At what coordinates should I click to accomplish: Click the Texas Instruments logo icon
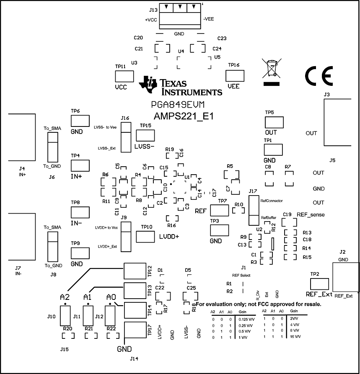pos(148,84)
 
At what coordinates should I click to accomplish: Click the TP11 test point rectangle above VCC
pos(124,76)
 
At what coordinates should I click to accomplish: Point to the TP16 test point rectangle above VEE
pos(235,76)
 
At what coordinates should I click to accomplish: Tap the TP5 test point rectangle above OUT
pos(274,123)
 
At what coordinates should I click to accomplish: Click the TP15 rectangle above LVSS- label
pos(145,135)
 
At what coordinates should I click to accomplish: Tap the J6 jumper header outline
pos(52,147)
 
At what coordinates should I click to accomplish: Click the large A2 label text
pos(65,297)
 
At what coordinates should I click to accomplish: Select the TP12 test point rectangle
pos(135,271)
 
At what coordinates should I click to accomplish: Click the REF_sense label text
pos(311,214)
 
